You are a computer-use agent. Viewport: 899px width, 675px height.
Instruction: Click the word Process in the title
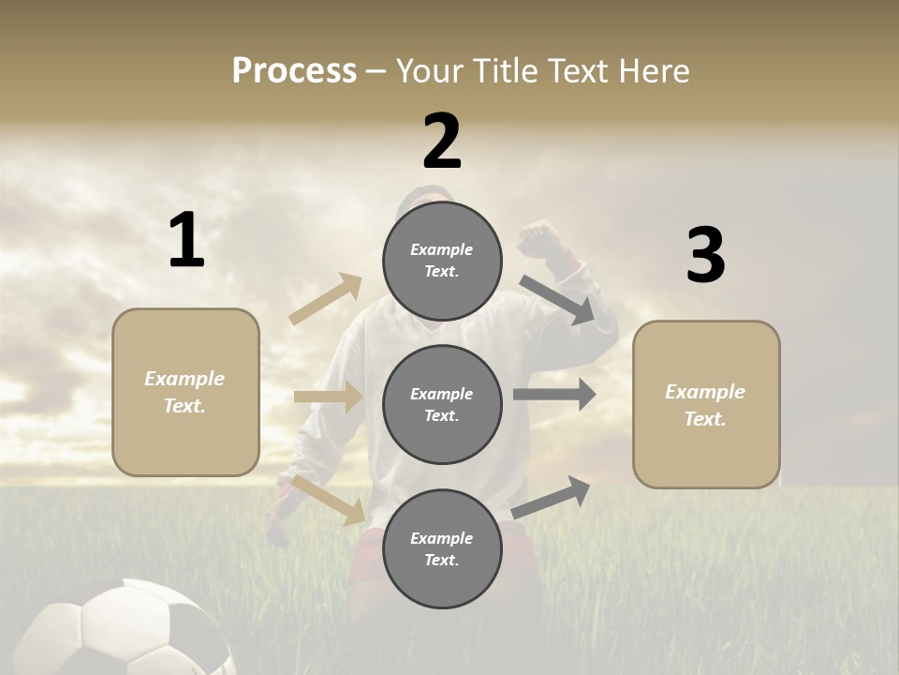coord(294,70)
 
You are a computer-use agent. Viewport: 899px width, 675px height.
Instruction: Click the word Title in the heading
coord(502,70)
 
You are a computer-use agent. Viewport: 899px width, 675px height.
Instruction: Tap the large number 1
coord(186,241)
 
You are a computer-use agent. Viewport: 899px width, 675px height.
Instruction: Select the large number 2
coord(442,142)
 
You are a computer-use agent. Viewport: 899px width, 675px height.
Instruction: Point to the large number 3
coord(705,255)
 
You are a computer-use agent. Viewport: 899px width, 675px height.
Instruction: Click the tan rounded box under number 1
coord(185,392)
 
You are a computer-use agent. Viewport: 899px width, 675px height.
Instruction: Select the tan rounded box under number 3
coord(706,405)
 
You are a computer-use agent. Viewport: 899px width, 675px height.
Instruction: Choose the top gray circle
coord(442,261)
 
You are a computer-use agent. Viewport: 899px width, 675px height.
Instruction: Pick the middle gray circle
coord(442,404)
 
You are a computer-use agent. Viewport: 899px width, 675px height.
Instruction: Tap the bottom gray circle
coord(442,548)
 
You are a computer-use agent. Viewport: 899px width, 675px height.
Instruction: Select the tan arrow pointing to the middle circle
coord(329,397)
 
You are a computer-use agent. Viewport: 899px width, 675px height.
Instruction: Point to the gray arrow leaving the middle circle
coord(554,394)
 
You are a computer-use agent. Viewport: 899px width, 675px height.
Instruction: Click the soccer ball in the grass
coord(131,630)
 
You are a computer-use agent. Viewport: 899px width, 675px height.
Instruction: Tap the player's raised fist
coord(539,238)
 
